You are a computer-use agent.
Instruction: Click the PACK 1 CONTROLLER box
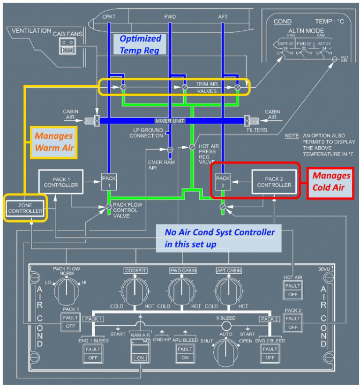(x=61, y=181)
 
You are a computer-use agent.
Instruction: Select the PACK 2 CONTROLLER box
(x=275, y=181)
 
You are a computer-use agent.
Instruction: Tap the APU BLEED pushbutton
(x=185, y=353)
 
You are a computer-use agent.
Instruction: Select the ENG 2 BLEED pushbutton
(x=270, y=353)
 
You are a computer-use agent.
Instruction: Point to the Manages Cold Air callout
(x=332, y=181)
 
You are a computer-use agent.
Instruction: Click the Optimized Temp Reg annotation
(x=140, y=44)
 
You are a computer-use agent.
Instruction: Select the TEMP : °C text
(x=330, y=22)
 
